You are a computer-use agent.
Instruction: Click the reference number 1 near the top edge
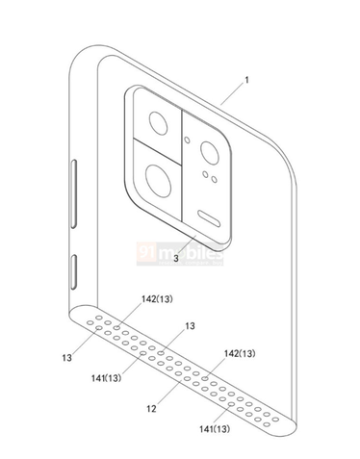click(x=244, y=82)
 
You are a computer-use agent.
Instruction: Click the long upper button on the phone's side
click(x=76, y=194)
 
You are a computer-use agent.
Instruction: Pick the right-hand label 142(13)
click(x=243, y=354)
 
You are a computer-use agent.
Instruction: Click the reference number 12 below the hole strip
click(x=151, y=409)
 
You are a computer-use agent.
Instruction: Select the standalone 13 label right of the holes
click(x=190, y=325)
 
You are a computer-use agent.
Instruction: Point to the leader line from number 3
click(x=189, y=246)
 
